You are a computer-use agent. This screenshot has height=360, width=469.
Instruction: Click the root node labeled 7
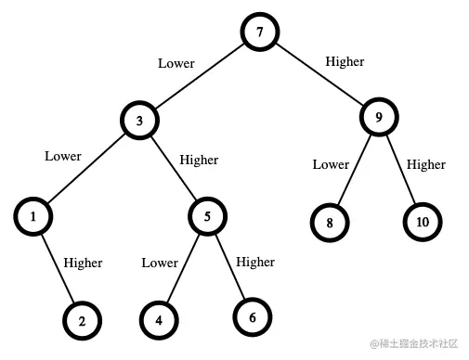260,32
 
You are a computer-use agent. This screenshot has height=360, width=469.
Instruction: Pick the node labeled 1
33,217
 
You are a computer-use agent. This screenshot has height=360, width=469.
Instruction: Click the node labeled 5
208,217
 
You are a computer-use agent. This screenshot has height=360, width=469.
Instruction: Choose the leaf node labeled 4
159,321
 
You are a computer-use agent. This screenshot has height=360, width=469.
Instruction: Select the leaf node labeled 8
329,224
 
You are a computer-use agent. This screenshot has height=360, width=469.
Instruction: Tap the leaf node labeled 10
423,223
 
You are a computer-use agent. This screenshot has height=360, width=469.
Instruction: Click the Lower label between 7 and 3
176,63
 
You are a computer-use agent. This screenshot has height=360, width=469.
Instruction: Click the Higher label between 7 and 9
345,61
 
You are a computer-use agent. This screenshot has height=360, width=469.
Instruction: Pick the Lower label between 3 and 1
63,156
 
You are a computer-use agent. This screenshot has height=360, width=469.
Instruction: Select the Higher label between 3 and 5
199,160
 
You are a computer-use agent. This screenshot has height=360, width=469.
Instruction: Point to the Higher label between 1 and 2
83,263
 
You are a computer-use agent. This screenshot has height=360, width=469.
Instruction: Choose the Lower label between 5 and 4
160,263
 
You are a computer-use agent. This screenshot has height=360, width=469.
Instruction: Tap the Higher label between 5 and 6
255,262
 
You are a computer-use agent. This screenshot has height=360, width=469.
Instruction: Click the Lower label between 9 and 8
331,164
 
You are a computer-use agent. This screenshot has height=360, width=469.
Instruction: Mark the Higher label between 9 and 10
426,164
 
